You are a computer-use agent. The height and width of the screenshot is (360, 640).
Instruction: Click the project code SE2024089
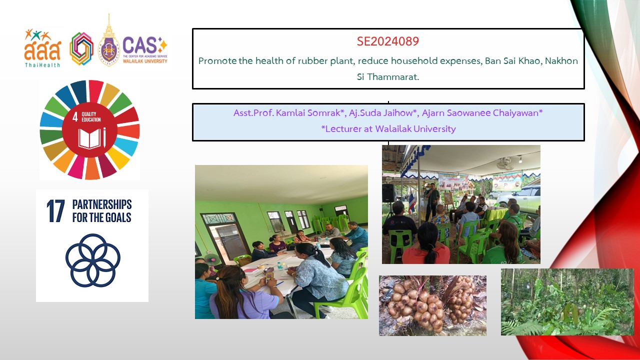coord(387,41)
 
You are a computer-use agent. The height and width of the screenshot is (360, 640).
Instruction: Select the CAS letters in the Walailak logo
coord(139,45)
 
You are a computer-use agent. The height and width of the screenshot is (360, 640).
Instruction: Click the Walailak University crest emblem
coord(108,41)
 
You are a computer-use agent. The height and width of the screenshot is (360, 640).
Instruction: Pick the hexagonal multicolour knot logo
coord(81,48)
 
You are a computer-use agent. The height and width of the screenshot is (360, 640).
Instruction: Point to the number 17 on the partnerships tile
coord(55,211)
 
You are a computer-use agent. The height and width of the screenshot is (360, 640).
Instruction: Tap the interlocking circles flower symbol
coord(93,260)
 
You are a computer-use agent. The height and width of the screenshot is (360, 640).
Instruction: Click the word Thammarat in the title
coord(393,77)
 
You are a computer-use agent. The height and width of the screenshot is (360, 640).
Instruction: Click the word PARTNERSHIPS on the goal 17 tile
coord(102,204)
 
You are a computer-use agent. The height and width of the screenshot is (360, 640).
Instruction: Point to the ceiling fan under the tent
coord(505,163)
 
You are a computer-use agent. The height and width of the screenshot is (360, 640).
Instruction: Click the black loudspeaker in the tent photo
coord(388,193)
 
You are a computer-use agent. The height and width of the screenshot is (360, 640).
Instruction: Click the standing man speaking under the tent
coord(432,201)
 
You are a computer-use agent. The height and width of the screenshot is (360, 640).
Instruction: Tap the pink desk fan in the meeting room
coord(212,260)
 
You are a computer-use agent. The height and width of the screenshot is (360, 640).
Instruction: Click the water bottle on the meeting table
coord(279,265)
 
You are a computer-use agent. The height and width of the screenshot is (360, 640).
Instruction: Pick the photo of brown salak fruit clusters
coord(432,305)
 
